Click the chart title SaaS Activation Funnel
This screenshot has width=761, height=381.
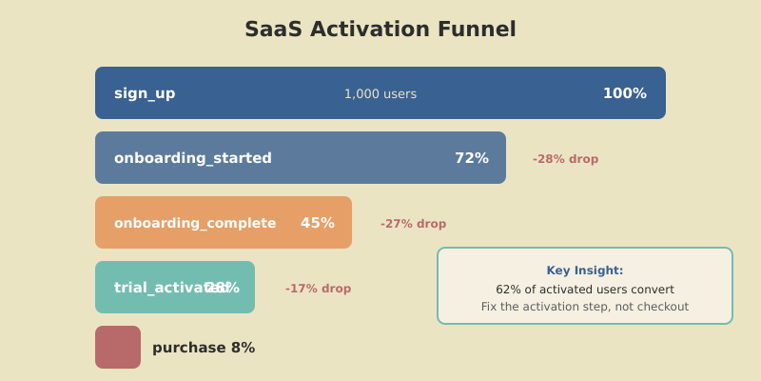[380, 30]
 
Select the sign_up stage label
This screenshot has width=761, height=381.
[145, 93]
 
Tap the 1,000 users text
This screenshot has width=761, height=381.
[380, 93]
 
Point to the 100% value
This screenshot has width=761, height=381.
[624, 93]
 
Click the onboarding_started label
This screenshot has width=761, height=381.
[193, 158]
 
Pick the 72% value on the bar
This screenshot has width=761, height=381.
[471, 158]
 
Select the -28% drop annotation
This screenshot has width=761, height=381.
[565, 159]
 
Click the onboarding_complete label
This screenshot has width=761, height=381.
[195, 223]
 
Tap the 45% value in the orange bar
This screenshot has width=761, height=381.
[318, 223]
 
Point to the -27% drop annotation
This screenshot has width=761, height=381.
[413, 224]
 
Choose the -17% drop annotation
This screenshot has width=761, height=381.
[318, 289]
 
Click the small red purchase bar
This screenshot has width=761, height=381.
[118, 348]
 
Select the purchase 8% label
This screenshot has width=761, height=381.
[204, 348]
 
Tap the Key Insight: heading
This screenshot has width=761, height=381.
[585, 271]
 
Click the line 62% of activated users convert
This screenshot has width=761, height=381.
[585, 290]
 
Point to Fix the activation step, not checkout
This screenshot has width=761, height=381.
[585, 307]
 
